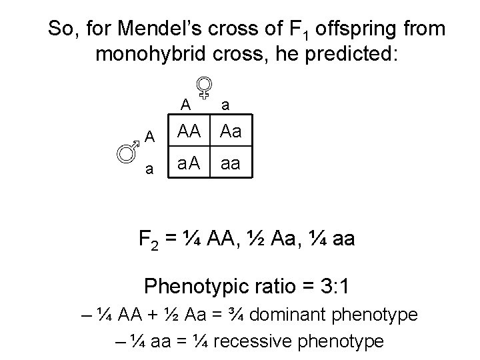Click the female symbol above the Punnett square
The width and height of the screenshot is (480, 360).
click(205, 87)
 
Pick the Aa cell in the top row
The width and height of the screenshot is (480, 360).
click(231, 135)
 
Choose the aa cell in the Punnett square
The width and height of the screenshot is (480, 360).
click(231, 163)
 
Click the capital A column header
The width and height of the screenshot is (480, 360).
click(185, 105)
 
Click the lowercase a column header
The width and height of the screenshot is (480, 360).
click(226, 105)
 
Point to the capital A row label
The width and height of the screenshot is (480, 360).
click(151, 137)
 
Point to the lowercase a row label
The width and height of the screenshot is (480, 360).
click(151, 169)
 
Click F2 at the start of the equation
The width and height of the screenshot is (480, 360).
click(149, 239)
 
